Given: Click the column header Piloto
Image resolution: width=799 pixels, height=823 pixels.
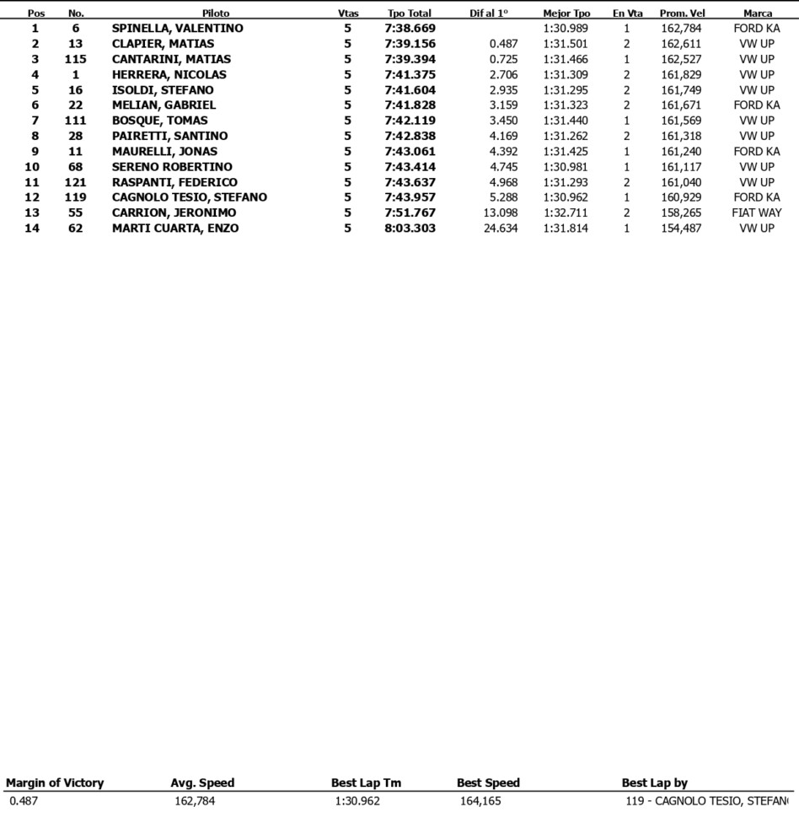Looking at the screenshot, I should click(x=215, y=13).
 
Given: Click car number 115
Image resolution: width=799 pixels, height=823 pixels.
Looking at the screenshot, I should click(x=76, y=59).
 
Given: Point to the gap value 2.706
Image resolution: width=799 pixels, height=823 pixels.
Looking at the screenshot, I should click(x=503, y=75).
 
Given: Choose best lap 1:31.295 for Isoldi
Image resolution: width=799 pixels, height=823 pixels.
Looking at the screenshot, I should click(x=566, y=90).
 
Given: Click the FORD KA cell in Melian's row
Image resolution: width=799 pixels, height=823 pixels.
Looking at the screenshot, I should click(x=756, y=105).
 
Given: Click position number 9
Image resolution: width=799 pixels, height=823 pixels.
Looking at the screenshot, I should click(x=35, y=152).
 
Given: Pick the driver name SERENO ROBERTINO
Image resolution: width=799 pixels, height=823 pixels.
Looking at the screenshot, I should click(x=172, y=167).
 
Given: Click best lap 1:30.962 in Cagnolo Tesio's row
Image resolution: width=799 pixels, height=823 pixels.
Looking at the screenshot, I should click(x=566, y=197).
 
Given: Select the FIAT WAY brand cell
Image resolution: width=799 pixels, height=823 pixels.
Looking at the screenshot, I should click(x=756, y=213).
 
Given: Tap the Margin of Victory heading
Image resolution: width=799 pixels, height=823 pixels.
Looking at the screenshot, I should click(x=55, y=783).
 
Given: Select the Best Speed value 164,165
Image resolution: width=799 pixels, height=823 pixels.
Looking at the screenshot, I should click(x=480, y=801).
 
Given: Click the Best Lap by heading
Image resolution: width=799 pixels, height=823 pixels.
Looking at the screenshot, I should click(x=654, y=783).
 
